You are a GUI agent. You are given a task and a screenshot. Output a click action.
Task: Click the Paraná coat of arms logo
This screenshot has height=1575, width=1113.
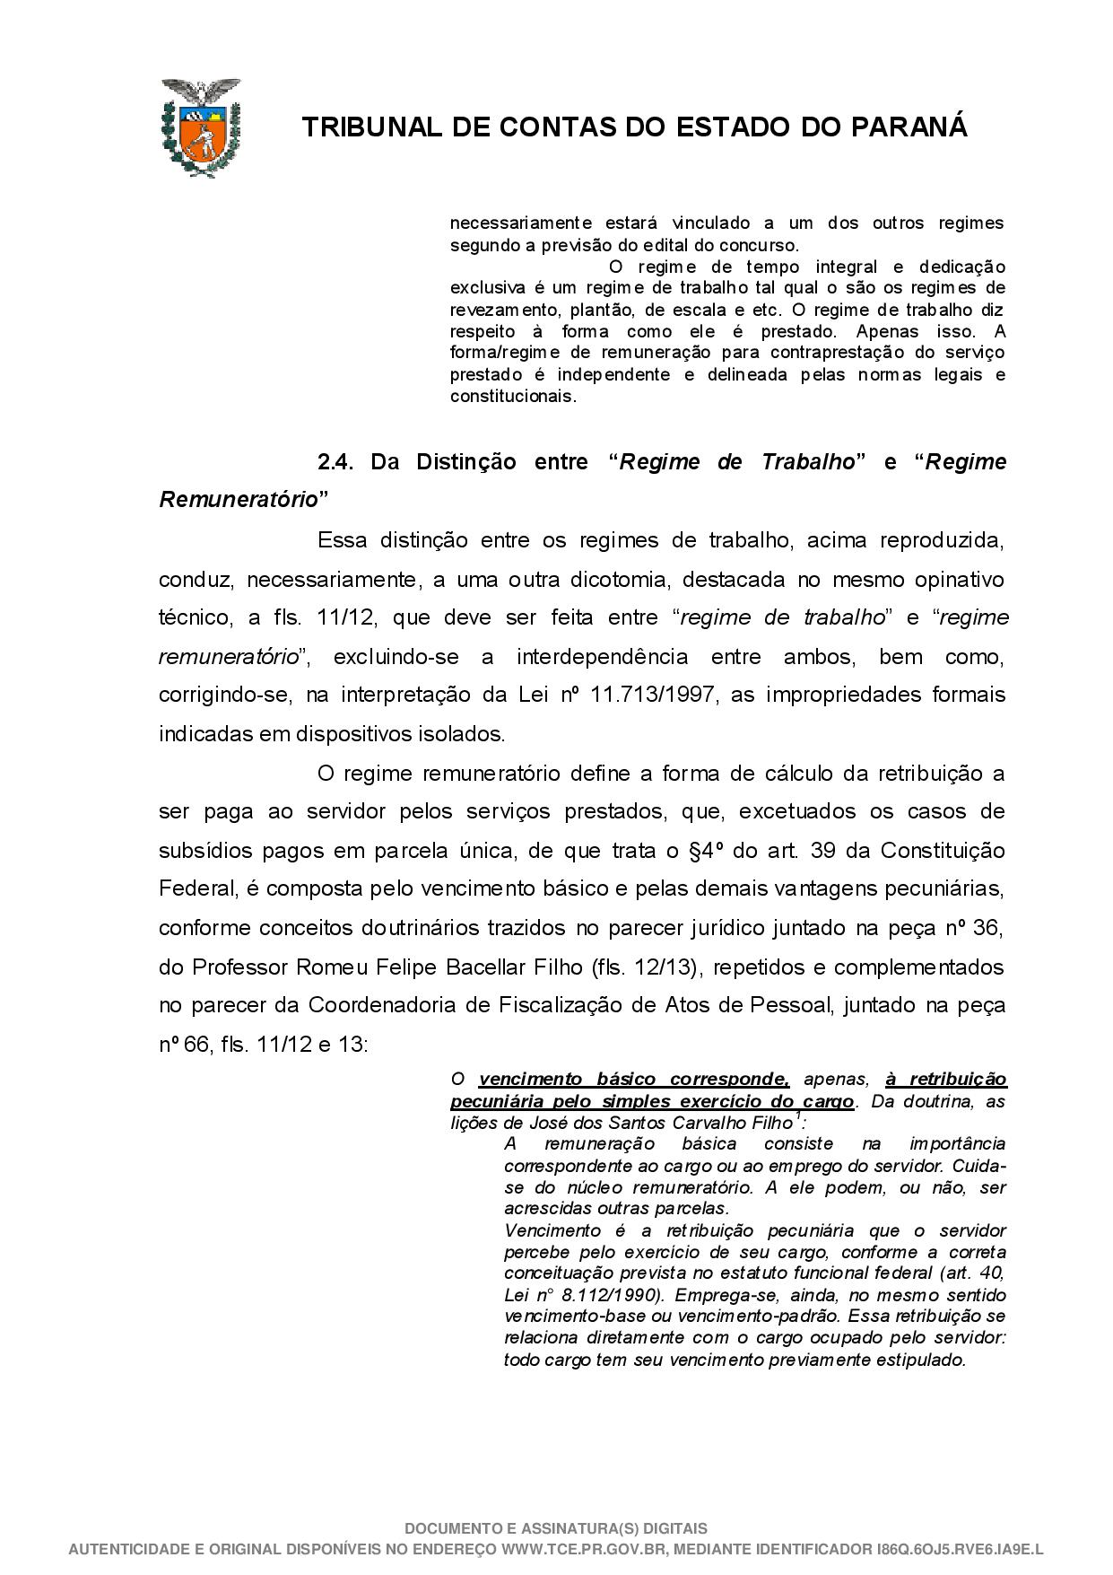click(201, 127)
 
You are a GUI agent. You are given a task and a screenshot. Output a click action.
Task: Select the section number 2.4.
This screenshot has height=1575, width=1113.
click(337, 462)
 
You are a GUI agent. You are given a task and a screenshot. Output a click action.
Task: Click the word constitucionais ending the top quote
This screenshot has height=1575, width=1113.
click(512, 397)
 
